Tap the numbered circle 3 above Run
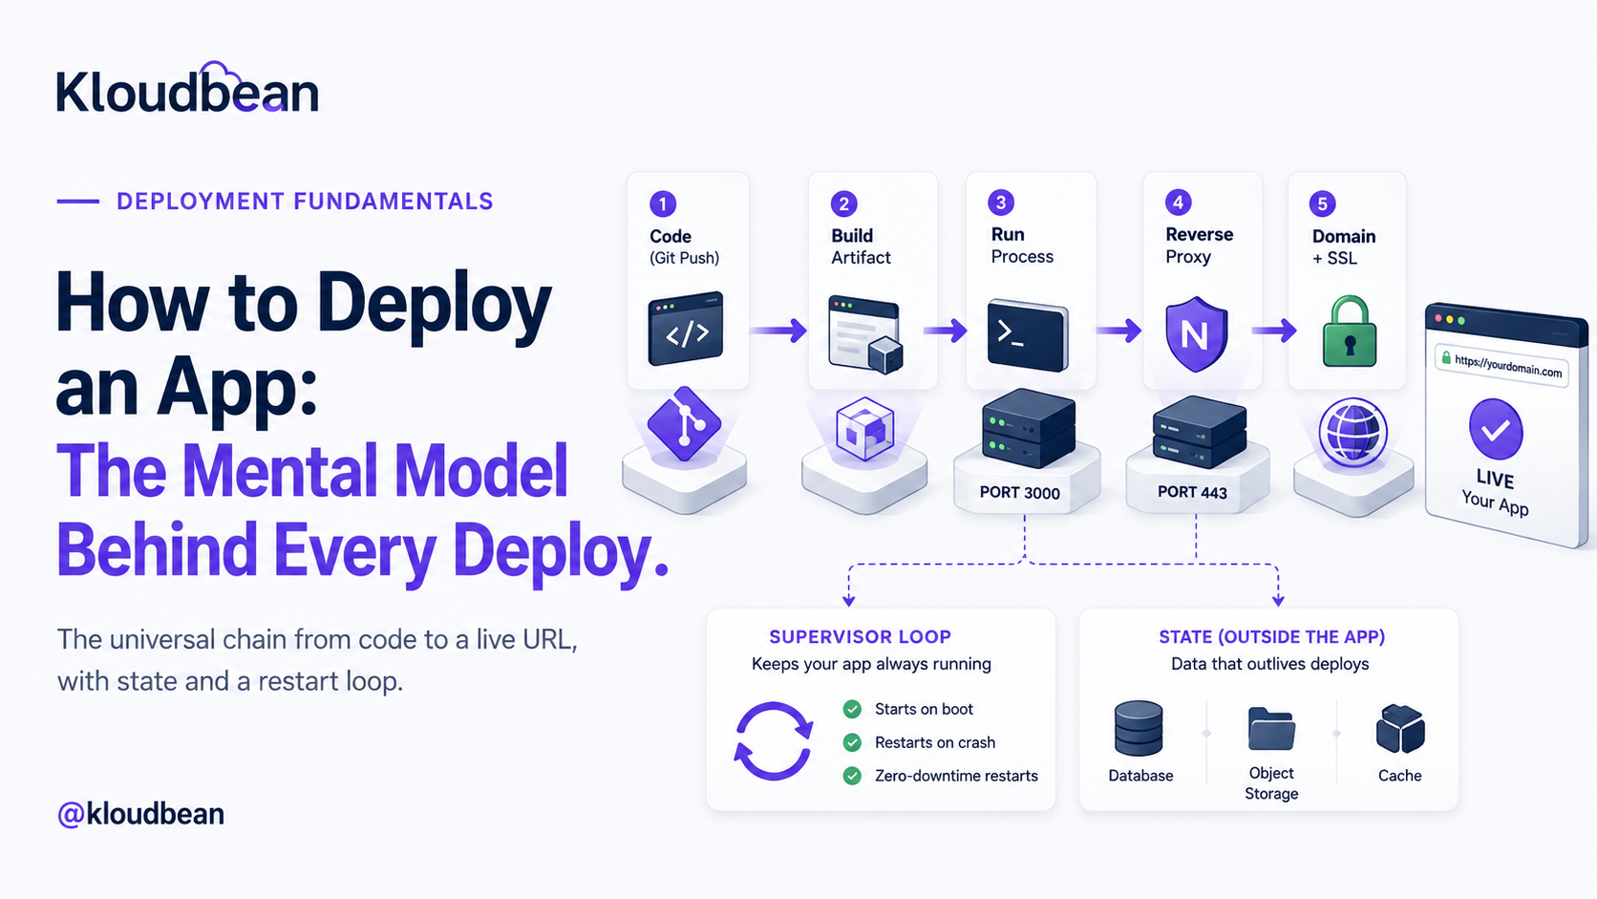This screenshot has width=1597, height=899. point(1001,203)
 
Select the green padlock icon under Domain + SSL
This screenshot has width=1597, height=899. point(1349,332)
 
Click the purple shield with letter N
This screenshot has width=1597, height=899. point(1197,333)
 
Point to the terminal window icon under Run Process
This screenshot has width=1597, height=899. point(1028,335)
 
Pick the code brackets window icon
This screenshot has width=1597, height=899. point(685,329)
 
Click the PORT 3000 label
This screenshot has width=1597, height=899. point(1019,493)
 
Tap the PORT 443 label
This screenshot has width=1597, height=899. point(1192,492)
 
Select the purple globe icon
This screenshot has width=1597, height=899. point(1352,433)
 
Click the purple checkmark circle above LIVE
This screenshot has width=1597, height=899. point(1496,429)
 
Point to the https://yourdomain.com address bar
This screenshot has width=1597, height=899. point(1501,366)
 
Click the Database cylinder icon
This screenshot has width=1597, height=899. point(1139,728)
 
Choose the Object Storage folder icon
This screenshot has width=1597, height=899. point(1271,729)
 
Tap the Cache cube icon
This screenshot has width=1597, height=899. point(1400,729)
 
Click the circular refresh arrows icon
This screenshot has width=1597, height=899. point(774,740)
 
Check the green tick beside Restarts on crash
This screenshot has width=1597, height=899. point(852,742)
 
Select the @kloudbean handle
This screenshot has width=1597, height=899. point(140,813)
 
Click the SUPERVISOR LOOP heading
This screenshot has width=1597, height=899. point(860,636)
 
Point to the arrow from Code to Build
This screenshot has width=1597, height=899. point(777,331)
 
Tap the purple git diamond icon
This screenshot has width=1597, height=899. point(685,424)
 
